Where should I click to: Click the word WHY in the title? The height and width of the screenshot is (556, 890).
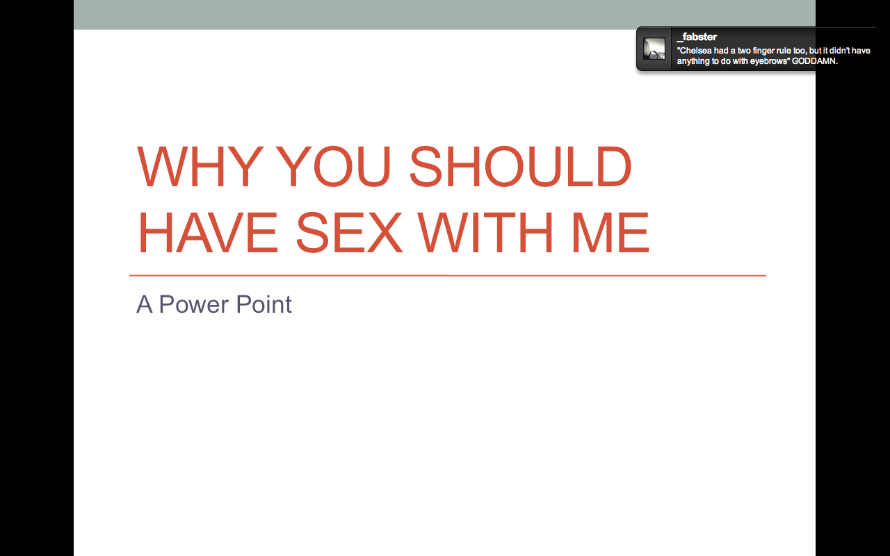[x=200, y=166]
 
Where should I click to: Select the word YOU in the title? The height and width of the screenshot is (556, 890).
[x=333, y=166]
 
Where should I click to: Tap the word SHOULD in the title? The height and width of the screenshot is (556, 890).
[x=520, y=166]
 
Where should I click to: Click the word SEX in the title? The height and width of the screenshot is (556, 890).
[x=349, y=232]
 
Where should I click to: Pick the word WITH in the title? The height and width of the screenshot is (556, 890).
[x=485, y=232]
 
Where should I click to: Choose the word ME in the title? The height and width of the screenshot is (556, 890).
[x=610, y=232]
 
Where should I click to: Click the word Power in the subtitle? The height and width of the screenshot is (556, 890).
[x=193, y=304]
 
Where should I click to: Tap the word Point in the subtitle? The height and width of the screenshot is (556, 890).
[x=264, y=304]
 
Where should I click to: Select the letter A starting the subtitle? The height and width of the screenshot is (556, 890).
[x=145, y=304]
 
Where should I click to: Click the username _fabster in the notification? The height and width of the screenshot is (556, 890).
[x=697, y=37]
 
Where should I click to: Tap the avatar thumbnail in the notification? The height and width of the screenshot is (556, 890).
[x=654, y=49]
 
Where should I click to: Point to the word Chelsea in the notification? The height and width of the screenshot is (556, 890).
[x=695, y=51]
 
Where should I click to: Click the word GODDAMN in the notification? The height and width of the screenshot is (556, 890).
[x=814, y=61]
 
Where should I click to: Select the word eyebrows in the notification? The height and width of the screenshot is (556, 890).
[x=769, y=62]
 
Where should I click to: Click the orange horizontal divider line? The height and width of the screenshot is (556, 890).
[x=447, y=275]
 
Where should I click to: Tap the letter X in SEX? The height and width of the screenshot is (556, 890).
[x=385, y=232]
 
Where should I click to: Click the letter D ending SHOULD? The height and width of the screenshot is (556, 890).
[x=613, y=166]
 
